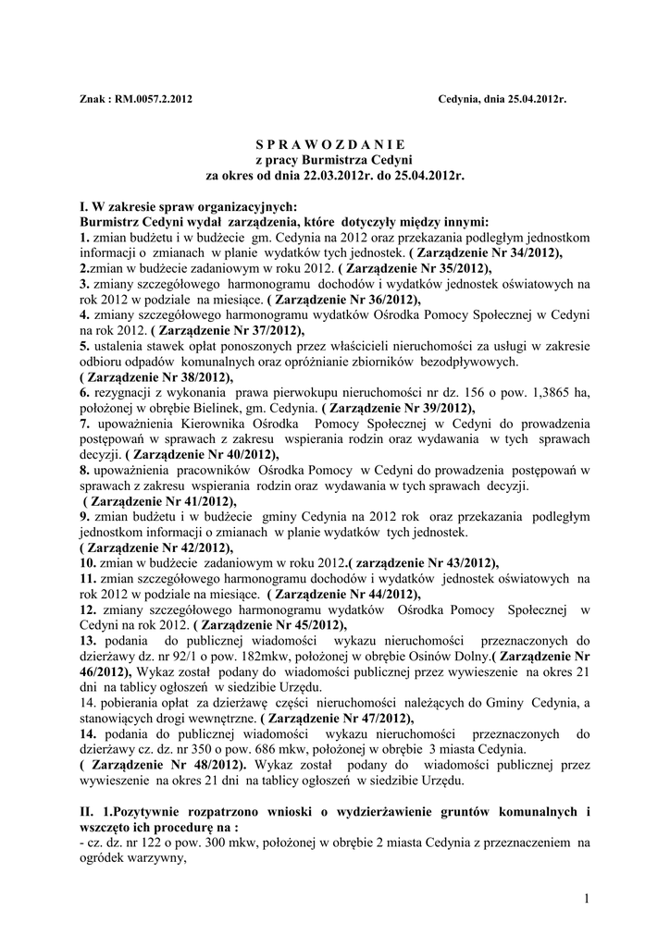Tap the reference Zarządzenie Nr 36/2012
pos(343,300)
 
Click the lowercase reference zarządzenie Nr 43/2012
pos(423,563)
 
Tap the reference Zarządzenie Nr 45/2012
pos(269,625)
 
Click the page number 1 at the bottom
pos(587,896)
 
